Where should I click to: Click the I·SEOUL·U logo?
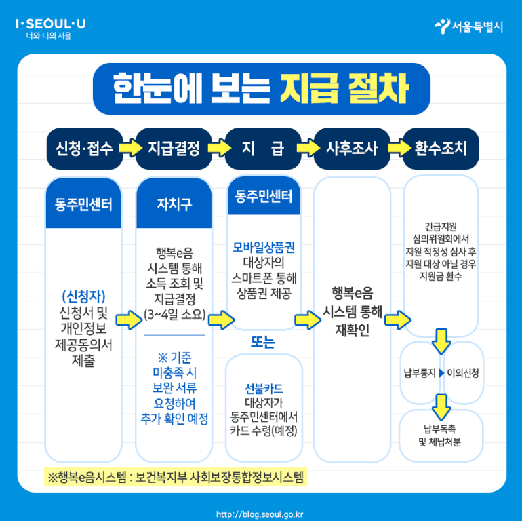tap(50, 25)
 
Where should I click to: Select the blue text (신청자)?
tap(83, 296)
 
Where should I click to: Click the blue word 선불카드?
tap(264, 389)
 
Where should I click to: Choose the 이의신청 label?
tap(462, 372)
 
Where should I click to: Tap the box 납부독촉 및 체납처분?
tap(441, 436)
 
